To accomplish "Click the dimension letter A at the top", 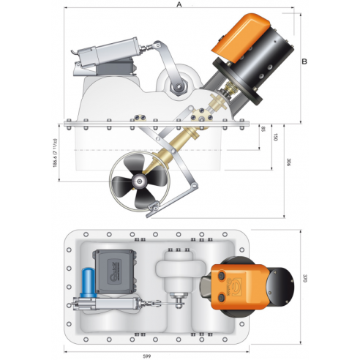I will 178,5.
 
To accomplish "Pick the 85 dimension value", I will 263,130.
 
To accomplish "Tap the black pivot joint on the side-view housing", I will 176,88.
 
